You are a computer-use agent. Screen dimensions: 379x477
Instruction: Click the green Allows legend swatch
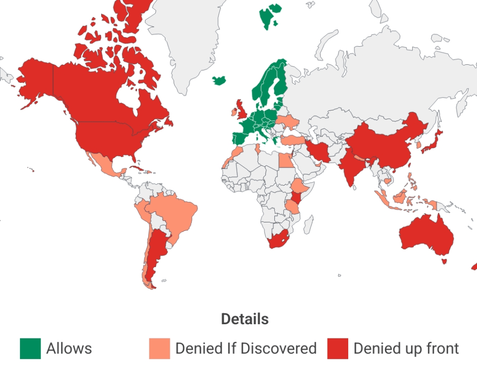[x=30, y=349]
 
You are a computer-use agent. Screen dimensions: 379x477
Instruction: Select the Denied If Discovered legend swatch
[x=159, y=349]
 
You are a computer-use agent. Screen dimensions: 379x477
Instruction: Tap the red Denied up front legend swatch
[x=338, y=349]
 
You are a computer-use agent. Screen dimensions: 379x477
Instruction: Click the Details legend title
[x=245, y=319]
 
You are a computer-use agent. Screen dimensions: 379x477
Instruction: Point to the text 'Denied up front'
[x=406, y=349]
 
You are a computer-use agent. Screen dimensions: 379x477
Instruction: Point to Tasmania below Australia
[x=445, y=261]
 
